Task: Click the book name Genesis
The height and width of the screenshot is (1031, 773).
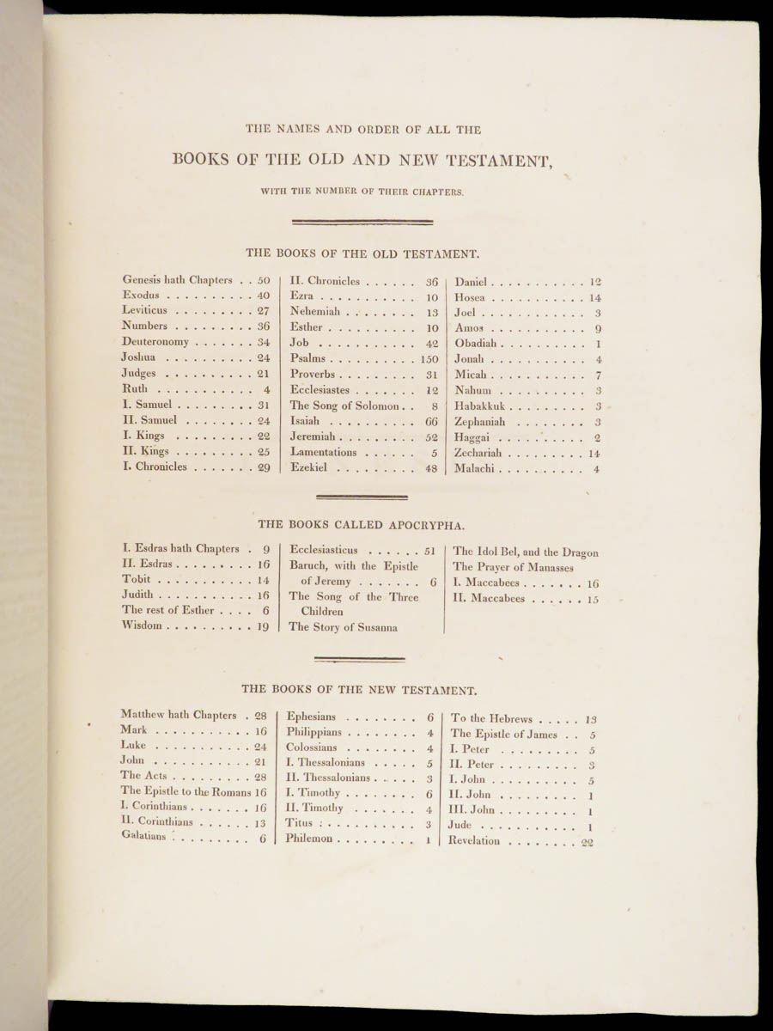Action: [x=141, y=279]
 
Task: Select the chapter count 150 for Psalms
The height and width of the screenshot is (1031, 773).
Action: [x=429, y=358]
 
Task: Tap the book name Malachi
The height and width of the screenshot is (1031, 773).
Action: [x=474, y=469]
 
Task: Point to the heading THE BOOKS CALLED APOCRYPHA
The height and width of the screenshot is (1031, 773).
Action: [x=361, y=523]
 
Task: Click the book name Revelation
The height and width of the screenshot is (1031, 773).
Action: [x=473, y=840]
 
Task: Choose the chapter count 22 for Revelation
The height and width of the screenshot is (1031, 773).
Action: [x=587, y=843]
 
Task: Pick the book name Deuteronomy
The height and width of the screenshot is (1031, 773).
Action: [x=155, y=342]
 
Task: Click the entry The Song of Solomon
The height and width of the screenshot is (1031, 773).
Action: [x=344, y=406]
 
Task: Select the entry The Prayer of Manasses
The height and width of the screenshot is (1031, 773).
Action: [x=513, y=568]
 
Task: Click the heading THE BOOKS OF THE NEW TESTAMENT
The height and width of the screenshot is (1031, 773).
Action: [x=359, y=689]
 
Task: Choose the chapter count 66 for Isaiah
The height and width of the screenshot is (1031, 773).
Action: [x=431, y=422]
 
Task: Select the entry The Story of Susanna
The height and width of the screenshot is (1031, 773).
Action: [x=343, y=627]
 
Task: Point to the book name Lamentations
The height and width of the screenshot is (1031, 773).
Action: [x=323, y=453]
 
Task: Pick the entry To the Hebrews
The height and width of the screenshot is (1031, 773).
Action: [x=492, y=718]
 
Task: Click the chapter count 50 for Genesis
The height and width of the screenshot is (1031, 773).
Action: [x=264, y=281]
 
